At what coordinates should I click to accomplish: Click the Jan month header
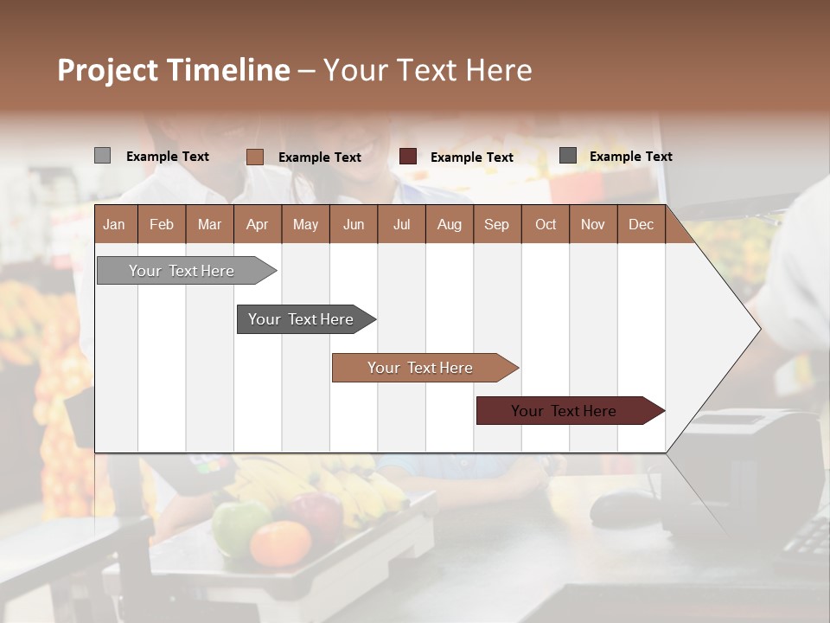(114, 225)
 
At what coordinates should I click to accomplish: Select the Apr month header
(257, 225)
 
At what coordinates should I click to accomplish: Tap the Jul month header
(401, 225)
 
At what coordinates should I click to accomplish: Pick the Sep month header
(496, 225)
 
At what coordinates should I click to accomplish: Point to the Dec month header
(641, 225)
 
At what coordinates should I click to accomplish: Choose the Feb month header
(162, 225)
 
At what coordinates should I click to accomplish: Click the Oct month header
(546, 225)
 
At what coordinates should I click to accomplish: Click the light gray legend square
(102, 156)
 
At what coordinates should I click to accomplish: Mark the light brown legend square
(255, 157)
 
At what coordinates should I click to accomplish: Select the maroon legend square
(408, 157)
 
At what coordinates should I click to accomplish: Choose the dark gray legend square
(568, 156)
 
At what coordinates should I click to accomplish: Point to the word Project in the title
(107, 70)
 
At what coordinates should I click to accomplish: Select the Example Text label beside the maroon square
(471, 157)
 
